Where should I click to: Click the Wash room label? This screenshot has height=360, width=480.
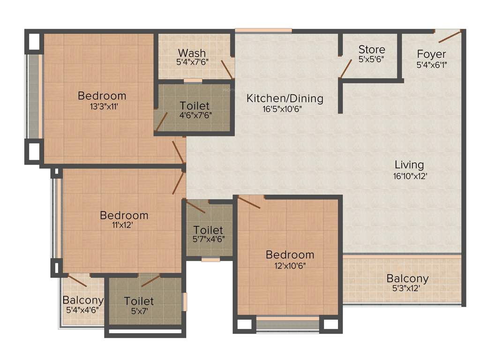click(x=192, y=52)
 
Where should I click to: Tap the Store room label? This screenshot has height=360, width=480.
click(x=372, y=49)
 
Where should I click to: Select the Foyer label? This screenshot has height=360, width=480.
click(x=431, y=54)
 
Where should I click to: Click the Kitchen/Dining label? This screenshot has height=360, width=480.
click(x=285, y=98)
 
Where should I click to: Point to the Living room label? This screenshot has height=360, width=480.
click(x=409, y=165)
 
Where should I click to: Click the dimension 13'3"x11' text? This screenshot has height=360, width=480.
click(x=102, y=106)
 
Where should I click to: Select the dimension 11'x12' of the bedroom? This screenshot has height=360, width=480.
click(x=124, y=225)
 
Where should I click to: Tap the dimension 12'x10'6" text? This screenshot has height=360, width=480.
click(x=290, y=264)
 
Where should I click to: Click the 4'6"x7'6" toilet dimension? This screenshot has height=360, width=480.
click(x=195, y=115)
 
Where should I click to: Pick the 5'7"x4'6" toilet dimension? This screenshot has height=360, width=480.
click(x=208, y=239)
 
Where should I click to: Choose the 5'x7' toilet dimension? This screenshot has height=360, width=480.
click(x=139, y=310)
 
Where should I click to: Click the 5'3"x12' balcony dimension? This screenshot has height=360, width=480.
click(x=407, y=288)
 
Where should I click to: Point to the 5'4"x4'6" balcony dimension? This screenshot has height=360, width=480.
click(x=83, y=310)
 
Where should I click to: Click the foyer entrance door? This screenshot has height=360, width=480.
click(x=449, y=36)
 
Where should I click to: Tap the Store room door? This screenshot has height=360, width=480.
click(x=346, y=68)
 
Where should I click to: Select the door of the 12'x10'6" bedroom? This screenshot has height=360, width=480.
click(x=249, y=202)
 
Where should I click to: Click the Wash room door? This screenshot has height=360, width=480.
click(x=226, y=69)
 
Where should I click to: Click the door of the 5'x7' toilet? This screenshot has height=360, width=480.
click(x=150, y=280)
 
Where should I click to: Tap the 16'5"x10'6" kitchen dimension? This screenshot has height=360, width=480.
click(x=285, y=109)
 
